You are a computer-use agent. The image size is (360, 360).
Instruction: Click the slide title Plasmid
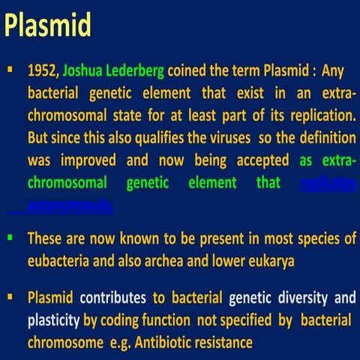[x=49, y=26]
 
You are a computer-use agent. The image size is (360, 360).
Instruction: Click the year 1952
[x=42, y=72]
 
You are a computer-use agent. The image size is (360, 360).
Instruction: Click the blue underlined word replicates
[x=327, y=182]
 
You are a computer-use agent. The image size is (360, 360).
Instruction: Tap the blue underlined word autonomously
[x=70, y=204]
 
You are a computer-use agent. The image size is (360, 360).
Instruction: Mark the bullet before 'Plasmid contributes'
[x=10, y=298]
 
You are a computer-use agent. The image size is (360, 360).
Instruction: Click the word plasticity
[x=53, y=321]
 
